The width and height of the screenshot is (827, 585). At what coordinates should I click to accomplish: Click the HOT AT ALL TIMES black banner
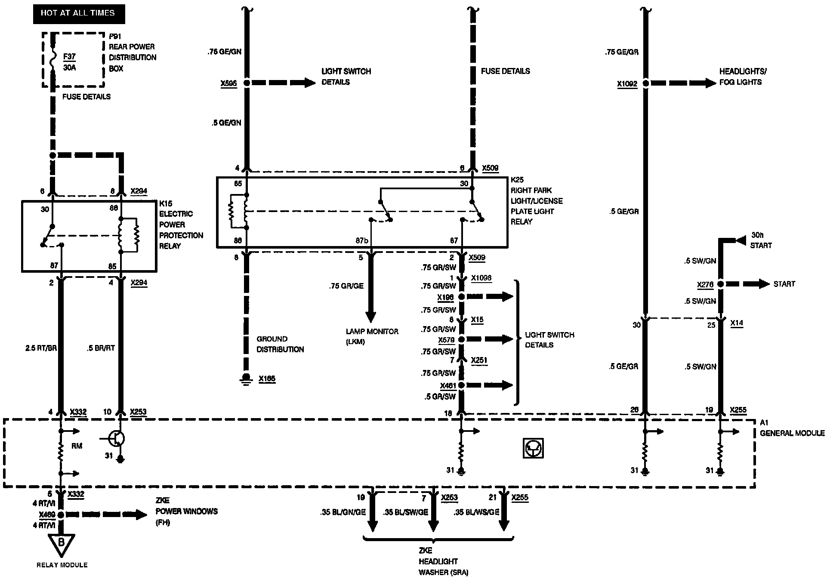(78, 13)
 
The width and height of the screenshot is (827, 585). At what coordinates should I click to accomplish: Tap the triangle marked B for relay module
(61, 543)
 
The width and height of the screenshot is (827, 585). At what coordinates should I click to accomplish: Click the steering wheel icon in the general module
(533, 448)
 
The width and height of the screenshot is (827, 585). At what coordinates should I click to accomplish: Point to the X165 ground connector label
(267, 379)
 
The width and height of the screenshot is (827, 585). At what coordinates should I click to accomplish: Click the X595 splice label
(228, 83)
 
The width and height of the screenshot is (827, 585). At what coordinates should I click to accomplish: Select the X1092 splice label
(627, 84)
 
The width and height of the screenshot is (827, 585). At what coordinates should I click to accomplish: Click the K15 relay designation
(166, 203)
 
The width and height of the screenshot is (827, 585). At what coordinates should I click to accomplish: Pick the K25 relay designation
(517, 180)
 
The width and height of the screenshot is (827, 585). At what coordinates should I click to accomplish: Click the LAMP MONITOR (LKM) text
(372, 336)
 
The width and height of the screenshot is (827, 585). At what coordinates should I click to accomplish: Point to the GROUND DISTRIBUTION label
(280, 344)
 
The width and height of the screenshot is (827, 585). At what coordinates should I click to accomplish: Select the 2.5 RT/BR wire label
(41, 348)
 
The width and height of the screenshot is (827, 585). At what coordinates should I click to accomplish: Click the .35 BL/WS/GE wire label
(476, 512)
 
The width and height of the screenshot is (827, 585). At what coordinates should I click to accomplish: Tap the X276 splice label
(705, 285)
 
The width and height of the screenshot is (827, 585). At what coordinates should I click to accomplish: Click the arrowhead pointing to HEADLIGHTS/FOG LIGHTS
(710, 83)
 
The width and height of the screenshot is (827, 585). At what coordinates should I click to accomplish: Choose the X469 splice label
(46, 514)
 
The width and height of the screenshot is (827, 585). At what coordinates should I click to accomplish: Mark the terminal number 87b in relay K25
(361, 241)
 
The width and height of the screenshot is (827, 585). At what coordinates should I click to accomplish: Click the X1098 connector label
(481, 278)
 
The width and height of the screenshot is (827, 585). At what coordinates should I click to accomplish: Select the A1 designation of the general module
(764, 423)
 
